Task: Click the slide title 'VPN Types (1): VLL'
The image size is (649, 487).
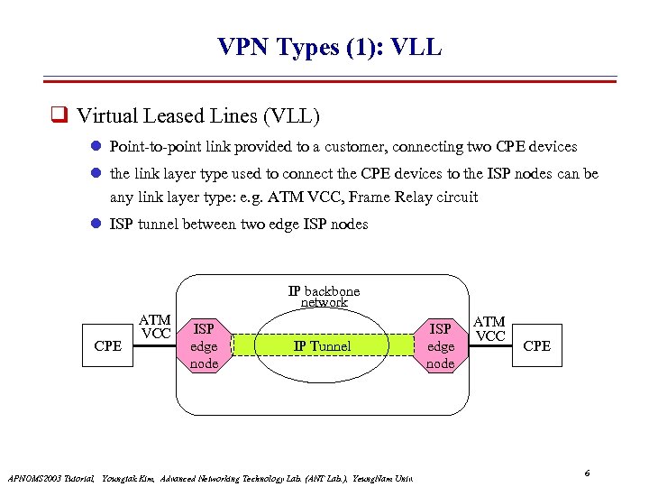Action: coord(329,47)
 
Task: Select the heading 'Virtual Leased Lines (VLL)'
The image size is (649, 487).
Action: coord(198,116)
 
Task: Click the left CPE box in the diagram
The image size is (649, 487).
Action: coord(107,346)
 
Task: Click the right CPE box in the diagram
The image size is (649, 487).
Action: coord(536,346)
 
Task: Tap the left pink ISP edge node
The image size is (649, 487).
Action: coord(204,346)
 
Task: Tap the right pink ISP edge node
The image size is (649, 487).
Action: coord(441,346)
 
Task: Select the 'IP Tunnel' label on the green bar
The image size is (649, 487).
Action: coord(322,346)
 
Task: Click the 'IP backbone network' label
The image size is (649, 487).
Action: coord(324,297)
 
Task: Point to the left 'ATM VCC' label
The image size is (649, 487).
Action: coord(155,327)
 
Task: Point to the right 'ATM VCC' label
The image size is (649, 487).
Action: coord(489,329)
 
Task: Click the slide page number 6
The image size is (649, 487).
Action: coord(587,473)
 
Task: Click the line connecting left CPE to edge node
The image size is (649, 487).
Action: coord(155,346)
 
